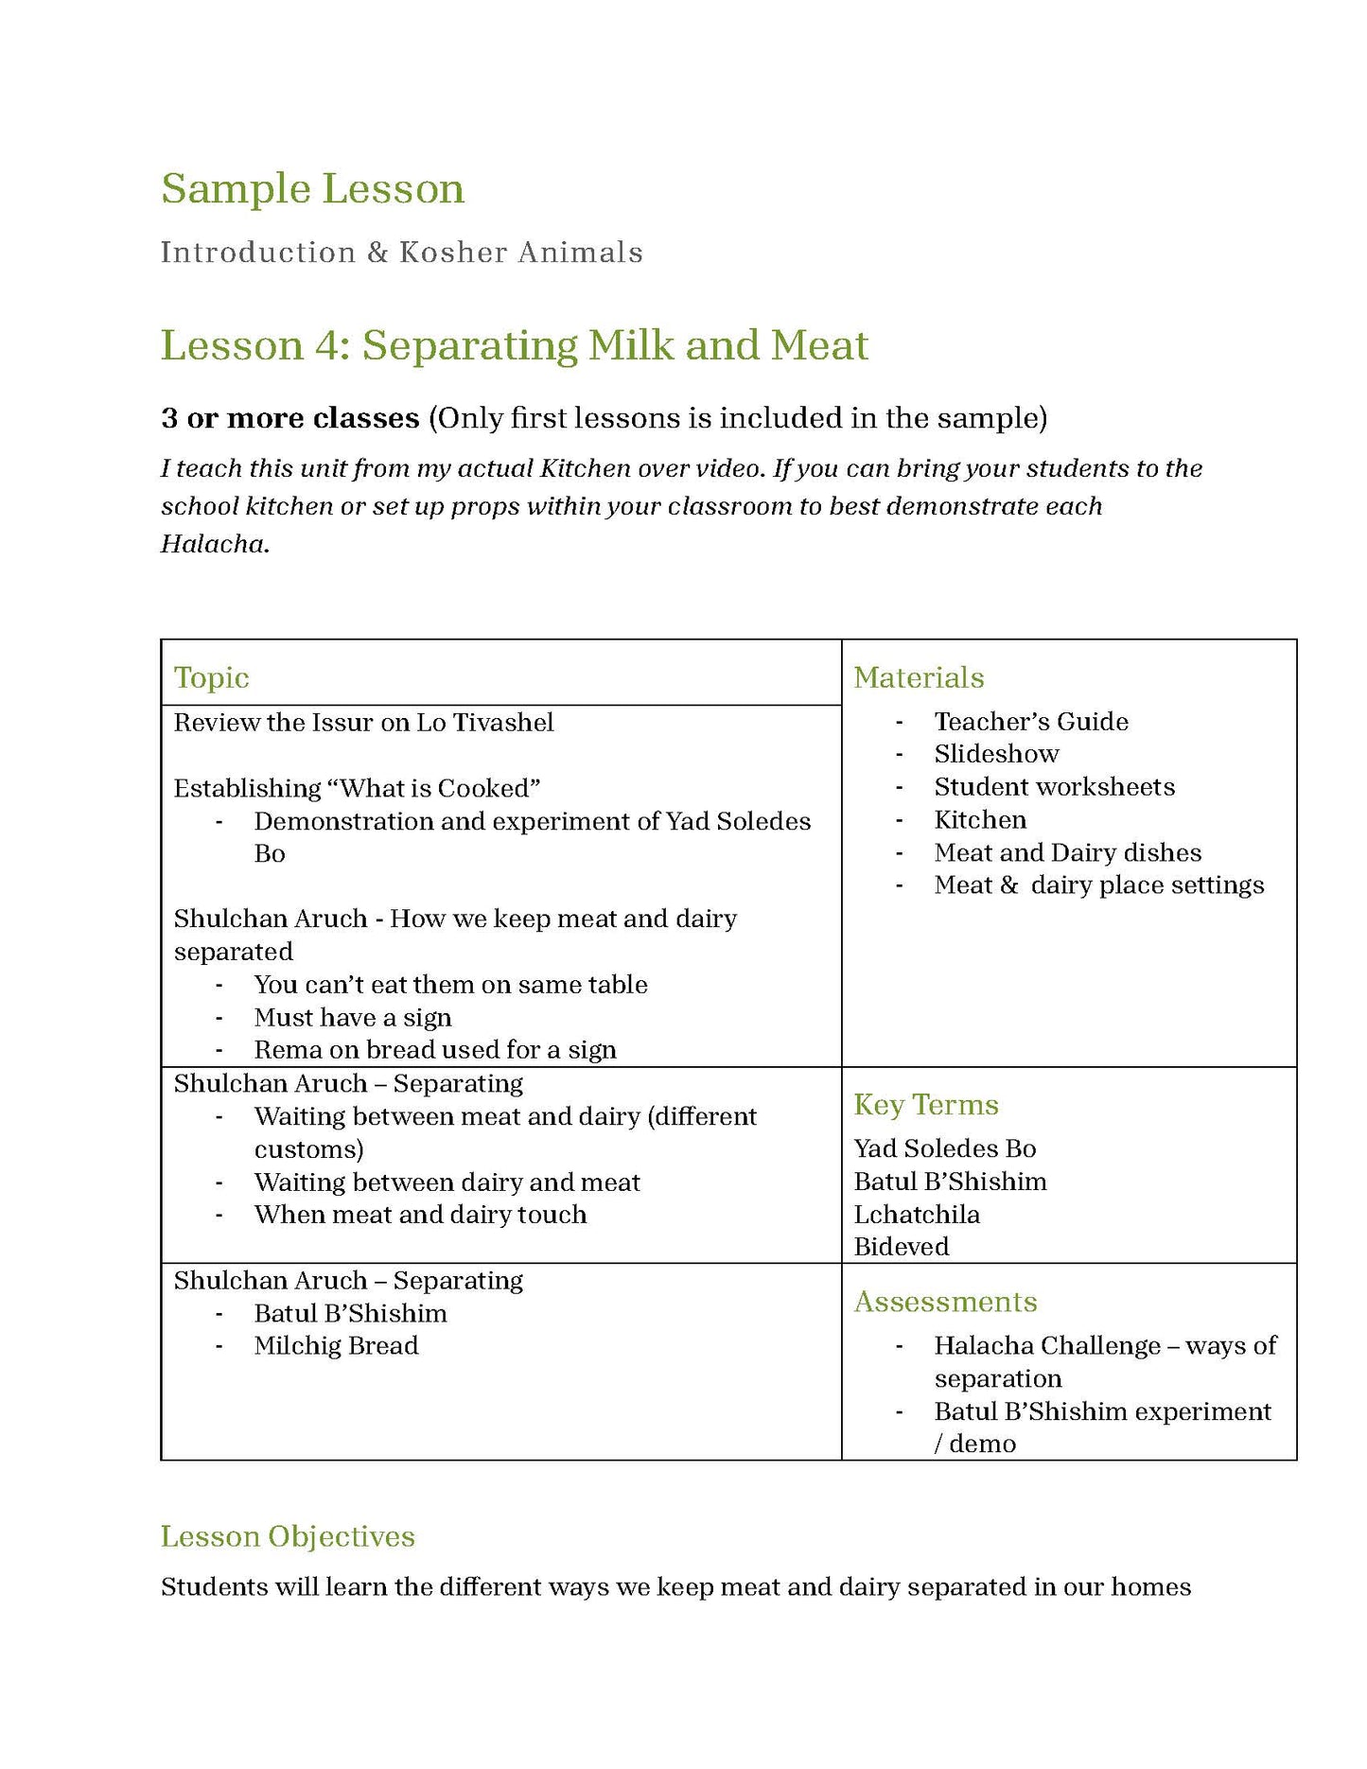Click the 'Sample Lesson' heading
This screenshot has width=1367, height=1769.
tap(312, 188)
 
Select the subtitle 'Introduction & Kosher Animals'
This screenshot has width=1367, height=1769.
tap(401, 253)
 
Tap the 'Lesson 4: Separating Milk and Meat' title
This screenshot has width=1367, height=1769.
tap(514, 345)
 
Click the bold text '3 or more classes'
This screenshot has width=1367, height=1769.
tap(289, 418)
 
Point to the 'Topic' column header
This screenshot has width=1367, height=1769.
tap(211, 677)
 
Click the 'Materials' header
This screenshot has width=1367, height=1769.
tap(918, 677)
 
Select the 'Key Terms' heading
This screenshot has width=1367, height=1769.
tap(925, 1105)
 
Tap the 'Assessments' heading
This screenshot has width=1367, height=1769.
tap(945, 1302)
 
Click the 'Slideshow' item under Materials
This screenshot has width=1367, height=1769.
tap(996, 754)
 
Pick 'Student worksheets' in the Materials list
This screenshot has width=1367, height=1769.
tap(1054, 787)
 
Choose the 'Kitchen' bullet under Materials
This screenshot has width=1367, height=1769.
tap(980, 819)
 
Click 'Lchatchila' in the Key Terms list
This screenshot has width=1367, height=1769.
tap(916, 1214)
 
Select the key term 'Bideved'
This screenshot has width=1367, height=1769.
tap(901, 1247)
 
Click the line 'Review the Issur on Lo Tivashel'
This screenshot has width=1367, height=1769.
tap(363, 723)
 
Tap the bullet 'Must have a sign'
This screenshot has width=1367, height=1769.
tap(352, 1018)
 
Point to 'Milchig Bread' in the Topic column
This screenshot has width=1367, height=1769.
tap(336, 1345)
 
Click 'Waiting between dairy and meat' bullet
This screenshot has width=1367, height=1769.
tap(447, 1182)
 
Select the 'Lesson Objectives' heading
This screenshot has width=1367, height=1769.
tap(288, 1536)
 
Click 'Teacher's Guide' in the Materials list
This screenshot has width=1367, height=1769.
tap(1031, 722)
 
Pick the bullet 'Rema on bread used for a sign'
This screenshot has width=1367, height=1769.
tap(435, 1050)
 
